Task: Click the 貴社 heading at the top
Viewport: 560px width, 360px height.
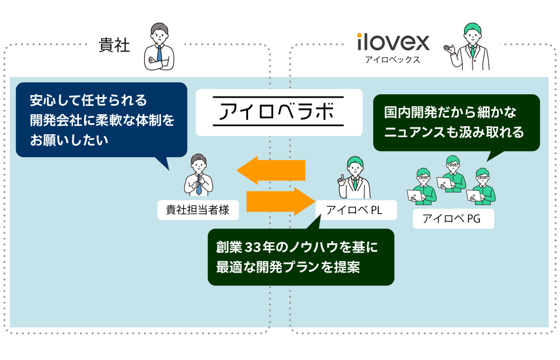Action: pyautogui.click(x=114, y=45)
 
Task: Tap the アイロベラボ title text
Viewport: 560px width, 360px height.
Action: pyautogui.click(x=278, y=112)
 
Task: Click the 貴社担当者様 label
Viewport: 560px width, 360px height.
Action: pyautogui.click(x=197, y=210)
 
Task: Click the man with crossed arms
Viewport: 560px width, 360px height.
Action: pyautogui.click(x=159, y=48)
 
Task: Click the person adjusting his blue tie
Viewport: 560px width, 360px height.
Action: pyautogui.click(x=198, y=175)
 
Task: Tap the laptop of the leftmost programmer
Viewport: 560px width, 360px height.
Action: pyautogui.click(x=413, y=195)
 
